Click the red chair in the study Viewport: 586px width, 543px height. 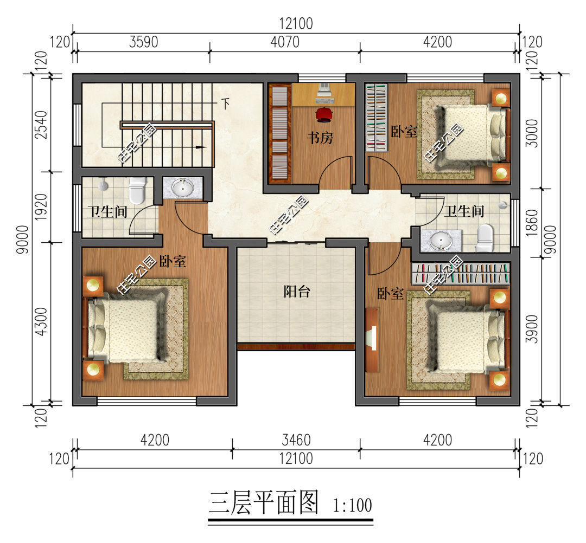[324, 114]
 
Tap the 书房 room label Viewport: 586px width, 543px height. [320, 138]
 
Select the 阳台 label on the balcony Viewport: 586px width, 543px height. [297, 292]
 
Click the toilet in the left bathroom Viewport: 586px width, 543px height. [137, 190]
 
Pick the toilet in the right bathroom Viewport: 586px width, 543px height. [485, 238]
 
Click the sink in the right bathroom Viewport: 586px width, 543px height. [441, 241]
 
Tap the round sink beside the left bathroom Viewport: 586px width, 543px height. [182, 188]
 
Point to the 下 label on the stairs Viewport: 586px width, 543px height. [225, 104]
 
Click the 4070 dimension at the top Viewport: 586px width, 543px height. [285, 42]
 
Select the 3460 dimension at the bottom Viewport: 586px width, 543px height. [296, 440]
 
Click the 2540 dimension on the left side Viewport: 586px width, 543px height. [41, 125]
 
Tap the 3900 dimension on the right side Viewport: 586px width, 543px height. [531, 329]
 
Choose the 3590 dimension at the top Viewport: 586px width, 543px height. [144, 42]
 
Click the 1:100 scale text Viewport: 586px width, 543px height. [353, 506]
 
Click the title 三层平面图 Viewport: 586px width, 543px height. [264, 503]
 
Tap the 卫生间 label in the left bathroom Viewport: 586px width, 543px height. [107, 212]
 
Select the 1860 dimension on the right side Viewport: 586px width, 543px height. [531, 223]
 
